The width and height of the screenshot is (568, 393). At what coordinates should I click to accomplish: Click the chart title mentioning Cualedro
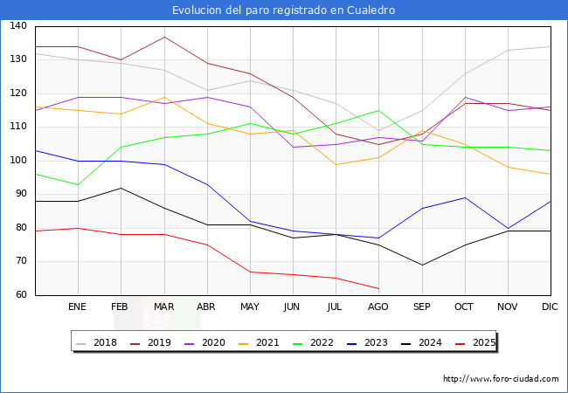pyautogui.click(x=284, y=10)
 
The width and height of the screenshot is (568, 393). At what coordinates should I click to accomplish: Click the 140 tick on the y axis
pyautogui.click(x=18, y=26)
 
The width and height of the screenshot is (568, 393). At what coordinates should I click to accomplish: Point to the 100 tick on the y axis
pyautogui.click(x=18, y=161)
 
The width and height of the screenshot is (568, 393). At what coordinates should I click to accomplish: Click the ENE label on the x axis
pyautogui.click(x=78, y=307)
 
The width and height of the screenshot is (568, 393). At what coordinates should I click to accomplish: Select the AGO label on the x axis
pyautogui.click(x=378, y=307)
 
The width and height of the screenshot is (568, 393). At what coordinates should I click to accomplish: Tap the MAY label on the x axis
pyautogui.click(x=250, y=307)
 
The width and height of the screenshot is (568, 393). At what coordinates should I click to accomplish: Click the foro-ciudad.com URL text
pyautogui.click(x=501, y=379)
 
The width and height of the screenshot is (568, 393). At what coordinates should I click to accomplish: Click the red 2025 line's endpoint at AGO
pyautogui.click(x=378, y=288)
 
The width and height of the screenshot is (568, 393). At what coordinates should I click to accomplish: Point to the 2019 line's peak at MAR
pyautogui.click(x=163, y=37)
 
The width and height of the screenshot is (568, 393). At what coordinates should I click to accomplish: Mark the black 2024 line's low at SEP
pyautogui.click(x=421, y=265)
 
